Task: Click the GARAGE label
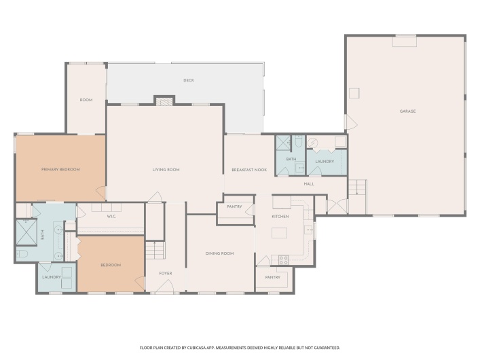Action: click(x=407, y=111)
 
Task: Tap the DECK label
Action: click(x=189, y=80)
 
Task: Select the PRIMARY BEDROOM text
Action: click(x=60, y=169)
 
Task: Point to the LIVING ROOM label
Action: click(x=166, y=169)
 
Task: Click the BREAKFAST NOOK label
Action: click(x=249, y=169)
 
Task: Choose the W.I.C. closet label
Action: click(x=112, y=217)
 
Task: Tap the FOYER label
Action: click(x=166, y=274)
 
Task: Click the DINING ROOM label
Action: click(x=219, y=253)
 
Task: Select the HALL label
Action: click(x=309, y=183)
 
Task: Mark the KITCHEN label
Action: click(x=280, y=216)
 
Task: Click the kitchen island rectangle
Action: click(x=280, y=233)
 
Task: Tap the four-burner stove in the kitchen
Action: click(x=283, y=259)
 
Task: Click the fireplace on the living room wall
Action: click(x=164, y=101)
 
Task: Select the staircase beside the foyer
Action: click(x=155, y=251)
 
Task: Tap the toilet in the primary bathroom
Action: click(x=22, y=253)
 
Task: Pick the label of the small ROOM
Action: click(x=86, y=100)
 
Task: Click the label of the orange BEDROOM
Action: click(x=111, y=265)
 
